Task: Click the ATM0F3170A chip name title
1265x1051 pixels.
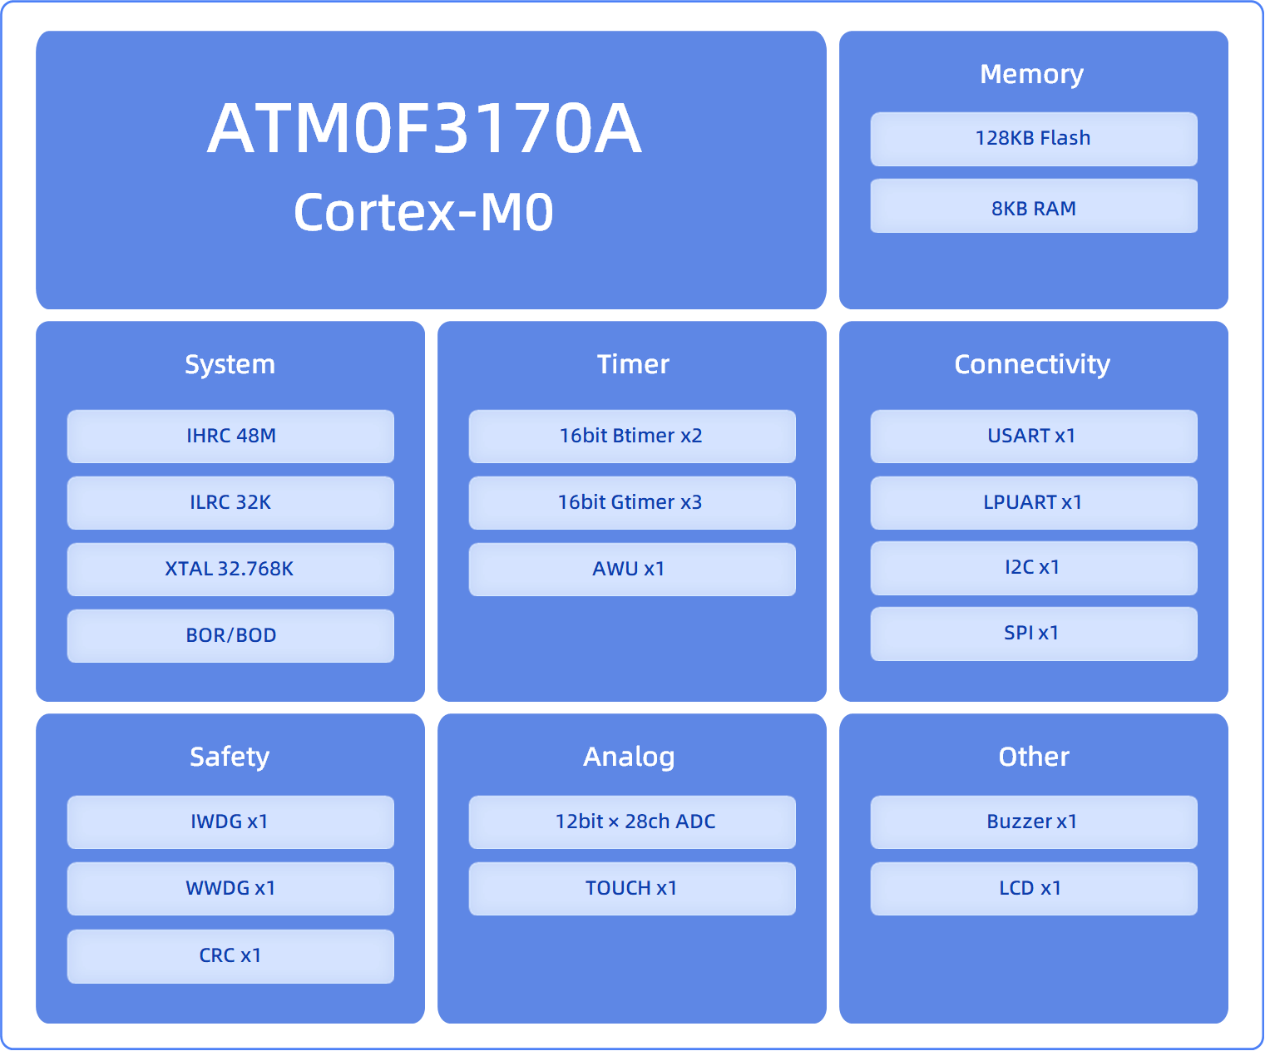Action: [424, 128]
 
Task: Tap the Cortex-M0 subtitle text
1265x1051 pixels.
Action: [424, 212]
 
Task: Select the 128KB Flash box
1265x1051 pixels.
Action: [1034, 139]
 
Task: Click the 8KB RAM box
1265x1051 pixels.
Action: [1034, 206]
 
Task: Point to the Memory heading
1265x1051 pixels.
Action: [1032, 75]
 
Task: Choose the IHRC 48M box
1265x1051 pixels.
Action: [231, 437]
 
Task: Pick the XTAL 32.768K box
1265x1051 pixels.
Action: [231, 570]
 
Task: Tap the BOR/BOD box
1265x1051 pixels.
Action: [231, 636]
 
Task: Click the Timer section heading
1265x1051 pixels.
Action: [633, 364]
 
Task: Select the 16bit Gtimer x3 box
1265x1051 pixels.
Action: [632, 503]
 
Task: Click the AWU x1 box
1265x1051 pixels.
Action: [632, 570]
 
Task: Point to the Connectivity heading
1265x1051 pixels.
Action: [1032, 364]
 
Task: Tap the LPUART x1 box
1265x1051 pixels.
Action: [1034, 503]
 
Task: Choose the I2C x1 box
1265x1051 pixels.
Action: [1034, 568]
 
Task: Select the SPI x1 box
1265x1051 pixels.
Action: [1034, 634]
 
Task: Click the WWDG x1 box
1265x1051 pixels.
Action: [231, 889]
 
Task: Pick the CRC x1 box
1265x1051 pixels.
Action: [231, 956]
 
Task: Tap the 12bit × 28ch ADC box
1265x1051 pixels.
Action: [632, 822]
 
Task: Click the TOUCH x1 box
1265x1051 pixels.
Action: [632, 889]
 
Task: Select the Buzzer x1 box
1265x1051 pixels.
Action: [1034, 822]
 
